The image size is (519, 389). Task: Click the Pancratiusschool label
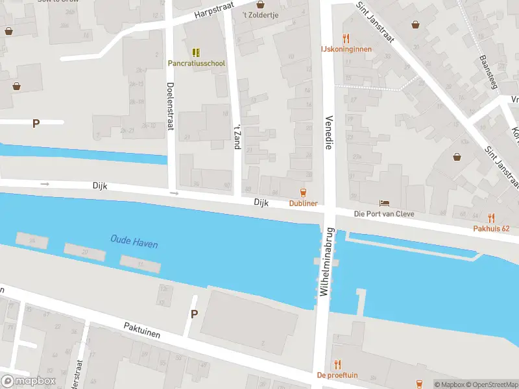[x=197, y=64]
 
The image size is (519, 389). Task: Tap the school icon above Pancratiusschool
[x=196, y=52]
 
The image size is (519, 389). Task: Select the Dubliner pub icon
[x=302, y=192]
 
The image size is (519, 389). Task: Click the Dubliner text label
[x=303, y=204]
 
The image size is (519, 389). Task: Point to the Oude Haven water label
[x=134, y=244]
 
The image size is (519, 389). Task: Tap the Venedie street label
[x=328, y=134]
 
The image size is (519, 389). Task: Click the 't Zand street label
[x=237, y=136]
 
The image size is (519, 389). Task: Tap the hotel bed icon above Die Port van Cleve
[x=384, y=204]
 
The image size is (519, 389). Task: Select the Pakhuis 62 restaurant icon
[x=491, y=218]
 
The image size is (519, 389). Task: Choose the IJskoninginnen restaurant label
[x=346, y=49]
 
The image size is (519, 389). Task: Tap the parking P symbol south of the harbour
[x=193, y=314]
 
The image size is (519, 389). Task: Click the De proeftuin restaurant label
[x=337, y=375]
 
